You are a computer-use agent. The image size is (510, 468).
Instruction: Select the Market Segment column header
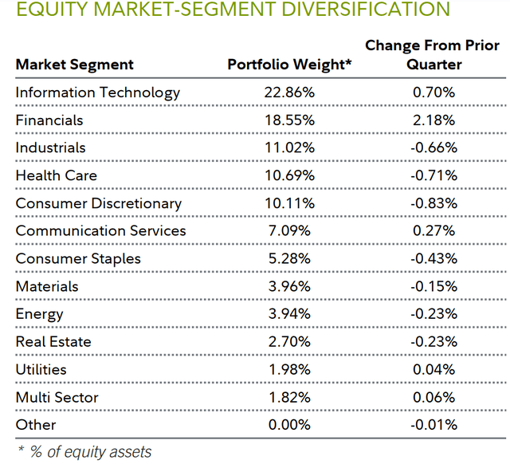tap(75, 65)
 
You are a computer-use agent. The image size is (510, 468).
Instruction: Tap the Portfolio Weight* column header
tap(289, 65)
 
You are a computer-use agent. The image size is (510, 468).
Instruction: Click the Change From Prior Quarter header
tap(433, 55)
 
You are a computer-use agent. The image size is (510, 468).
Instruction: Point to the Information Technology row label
tap(98, 92)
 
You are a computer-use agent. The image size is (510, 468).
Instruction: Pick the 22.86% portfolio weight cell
tap(289, 92)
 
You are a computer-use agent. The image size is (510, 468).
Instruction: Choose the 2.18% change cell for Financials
tap(433, 120)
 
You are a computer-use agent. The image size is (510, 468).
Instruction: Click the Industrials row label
tap(50, 147)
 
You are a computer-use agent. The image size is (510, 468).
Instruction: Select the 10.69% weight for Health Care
tap(289, 175)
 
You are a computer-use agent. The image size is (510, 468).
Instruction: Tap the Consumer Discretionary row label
tap(99, 203)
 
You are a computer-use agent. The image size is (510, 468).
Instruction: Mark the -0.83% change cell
tap(433, 203)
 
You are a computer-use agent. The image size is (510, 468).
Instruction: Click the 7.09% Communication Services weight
tap(289, 231)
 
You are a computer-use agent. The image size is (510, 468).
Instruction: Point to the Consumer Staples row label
tap(78, 258)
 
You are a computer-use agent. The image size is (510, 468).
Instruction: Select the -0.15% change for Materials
tap(433, 286)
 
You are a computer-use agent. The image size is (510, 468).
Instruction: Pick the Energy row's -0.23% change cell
tap(433, 314)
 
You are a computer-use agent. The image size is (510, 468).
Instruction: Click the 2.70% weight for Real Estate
tap(289, 342)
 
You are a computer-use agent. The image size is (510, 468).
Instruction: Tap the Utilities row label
tap(41, 370)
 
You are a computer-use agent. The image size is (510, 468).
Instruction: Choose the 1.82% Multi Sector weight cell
tap(289, 397)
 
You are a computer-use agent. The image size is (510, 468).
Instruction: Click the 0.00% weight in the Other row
tap(289, 425)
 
